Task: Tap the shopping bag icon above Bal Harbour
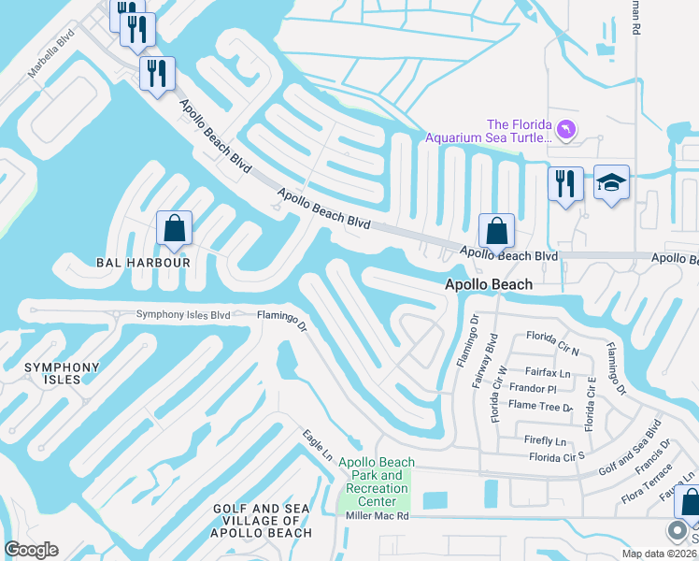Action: [174, 228]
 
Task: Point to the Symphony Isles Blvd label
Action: [182, 315]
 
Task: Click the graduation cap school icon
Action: [611, 182]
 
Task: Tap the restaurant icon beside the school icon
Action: [565, 183]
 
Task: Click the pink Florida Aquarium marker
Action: [565, 129]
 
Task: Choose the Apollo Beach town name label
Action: [488, 284]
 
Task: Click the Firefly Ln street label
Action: [548, 440]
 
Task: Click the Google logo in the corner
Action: [31, 550]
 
